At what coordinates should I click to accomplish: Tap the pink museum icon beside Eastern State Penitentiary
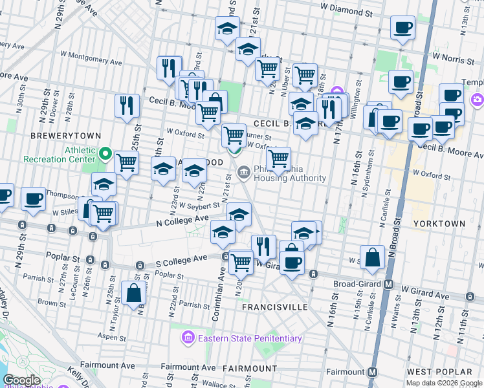click(188, 338)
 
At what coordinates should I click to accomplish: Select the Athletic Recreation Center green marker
click(106, 155)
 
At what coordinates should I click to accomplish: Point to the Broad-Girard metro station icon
click(390, 285)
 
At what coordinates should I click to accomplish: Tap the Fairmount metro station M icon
click(372, 372)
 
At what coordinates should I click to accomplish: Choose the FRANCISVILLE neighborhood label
click(275, 307)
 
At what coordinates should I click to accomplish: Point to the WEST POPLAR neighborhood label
click(439, 372)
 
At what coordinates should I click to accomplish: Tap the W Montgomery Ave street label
click(91, 59)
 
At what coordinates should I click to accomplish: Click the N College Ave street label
click(182, 221)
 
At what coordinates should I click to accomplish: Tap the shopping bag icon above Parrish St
click(133, 294)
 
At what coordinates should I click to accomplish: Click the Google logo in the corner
click(22, 380)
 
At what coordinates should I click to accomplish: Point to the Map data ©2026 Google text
click(444, 383)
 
